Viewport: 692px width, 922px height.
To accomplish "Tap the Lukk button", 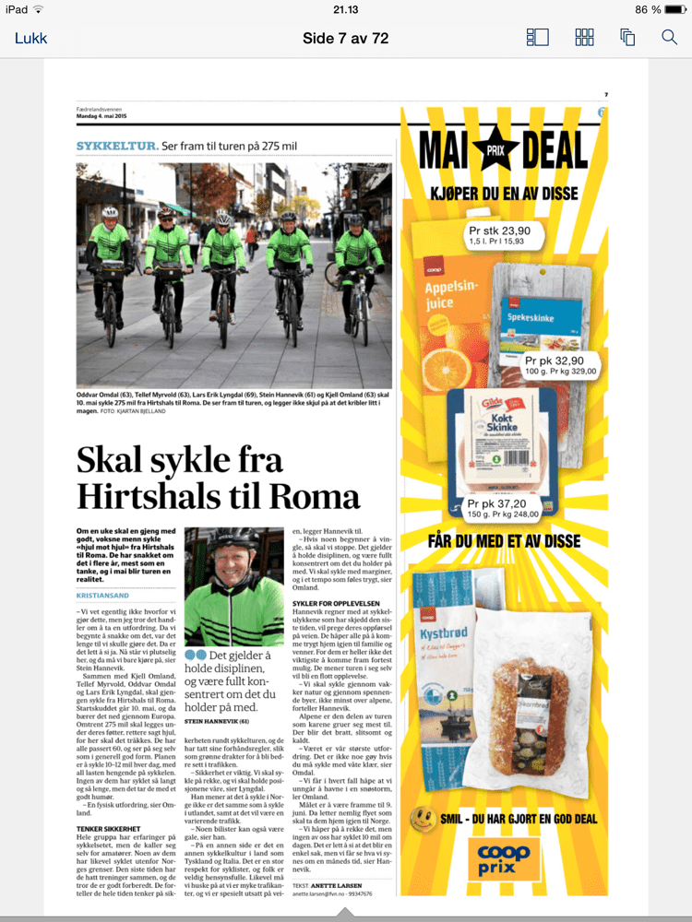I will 30,38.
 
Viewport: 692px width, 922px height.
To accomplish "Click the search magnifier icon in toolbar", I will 670,38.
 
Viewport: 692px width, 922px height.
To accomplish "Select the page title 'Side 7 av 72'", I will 346,38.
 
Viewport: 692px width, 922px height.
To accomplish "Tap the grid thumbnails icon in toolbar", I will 584,38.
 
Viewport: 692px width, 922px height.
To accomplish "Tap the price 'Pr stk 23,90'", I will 499,230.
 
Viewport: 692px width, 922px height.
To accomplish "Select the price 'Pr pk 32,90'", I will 555,361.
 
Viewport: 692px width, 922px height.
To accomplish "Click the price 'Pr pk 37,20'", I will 497,504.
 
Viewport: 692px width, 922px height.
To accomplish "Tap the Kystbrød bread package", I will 447,664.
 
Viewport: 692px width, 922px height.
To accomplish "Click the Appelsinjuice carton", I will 457,304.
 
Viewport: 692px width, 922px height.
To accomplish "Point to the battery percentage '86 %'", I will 648,9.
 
